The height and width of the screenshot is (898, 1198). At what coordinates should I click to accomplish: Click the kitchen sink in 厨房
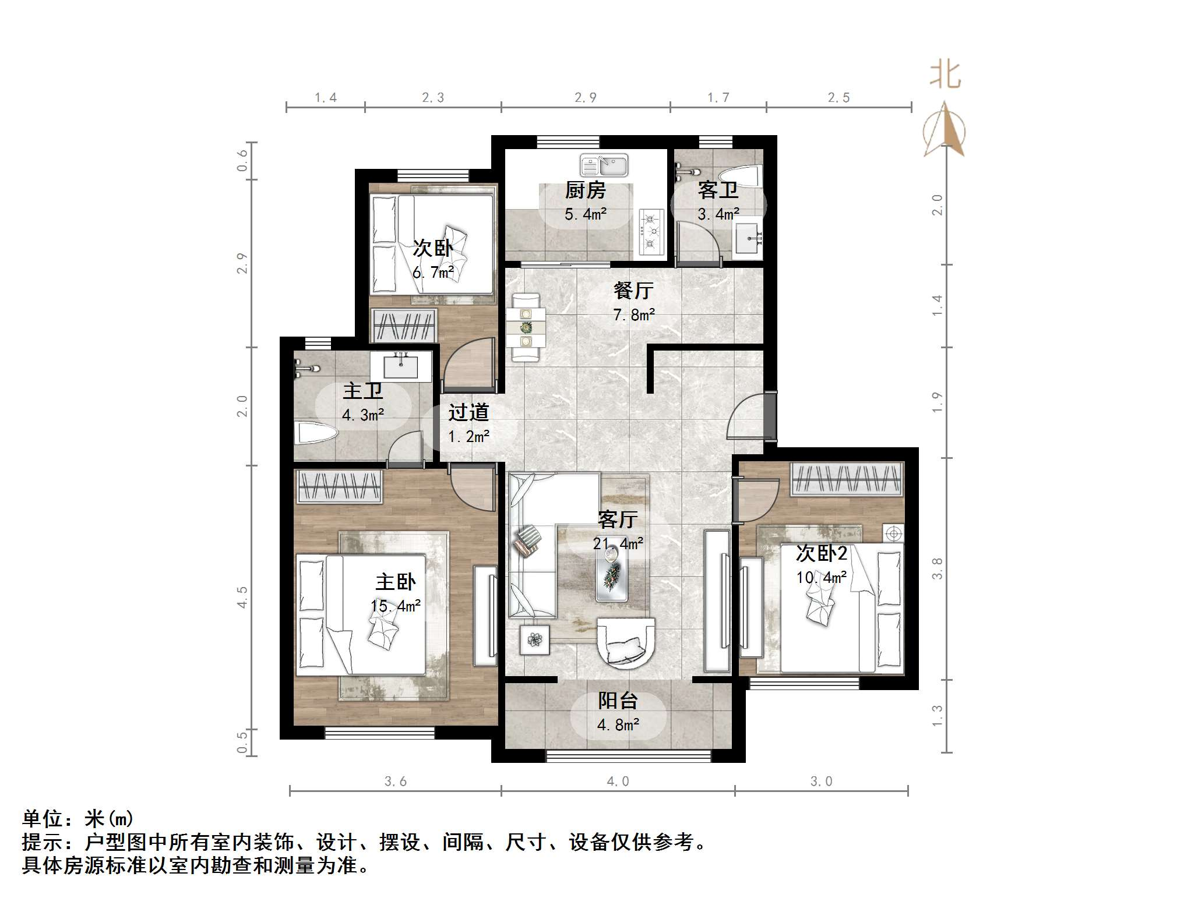coord(604,165)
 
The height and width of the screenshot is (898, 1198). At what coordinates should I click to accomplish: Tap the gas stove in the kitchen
coord(651,232)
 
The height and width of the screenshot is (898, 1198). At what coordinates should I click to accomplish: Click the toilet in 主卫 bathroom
coord(316,433)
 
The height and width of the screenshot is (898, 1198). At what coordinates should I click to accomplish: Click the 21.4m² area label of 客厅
coord(618,543)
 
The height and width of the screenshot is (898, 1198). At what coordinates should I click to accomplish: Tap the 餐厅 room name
coord(633,290)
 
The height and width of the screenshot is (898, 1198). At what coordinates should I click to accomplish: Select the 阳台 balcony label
coord(618,701)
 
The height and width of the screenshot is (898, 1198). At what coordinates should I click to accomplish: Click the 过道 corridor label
coord(468,412)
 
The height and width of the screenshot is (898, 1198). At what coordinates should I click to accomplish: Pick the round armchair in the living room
coord(626,643)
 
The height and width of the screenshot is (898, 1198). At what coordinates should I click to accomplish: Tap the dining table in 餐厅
coord(526,327)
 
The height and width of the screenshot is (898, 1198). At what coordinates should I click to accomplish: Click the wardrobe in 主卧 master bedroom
coord(339,487)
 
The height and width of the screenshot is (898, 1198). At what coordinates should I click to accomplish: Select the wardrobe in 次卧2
coord(847,479)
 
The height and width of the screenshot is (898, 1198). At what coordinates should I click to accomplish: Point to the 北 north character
coord(945,75)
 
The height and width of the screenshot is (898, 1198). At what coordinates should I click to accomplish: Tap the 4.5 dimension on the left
coord(242,597)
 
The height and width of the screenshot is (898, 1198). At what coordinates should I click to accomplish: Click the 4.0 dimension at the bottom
coord(618,782)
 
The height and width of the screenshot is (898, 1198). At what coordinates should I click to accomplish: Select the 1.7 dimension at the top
coord(718,98)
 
